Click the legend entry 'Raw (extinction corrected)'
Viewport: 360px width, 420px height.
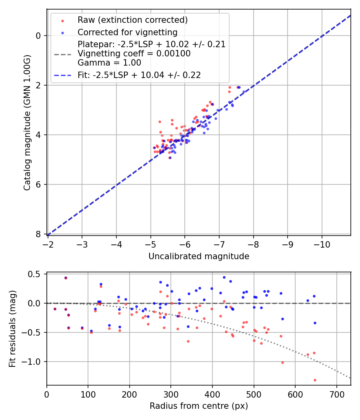point(132,20)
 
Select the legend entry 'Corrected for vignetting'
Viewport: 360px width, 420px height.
point(127,32)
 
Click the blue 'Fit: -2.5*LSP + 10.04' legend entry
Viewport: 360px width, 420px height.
point(139,75)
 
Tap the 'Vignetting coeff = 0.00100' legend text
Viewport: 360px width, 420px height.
point(134,54)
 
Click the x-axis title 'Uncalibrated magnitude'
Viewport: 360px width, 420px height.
point(199,256)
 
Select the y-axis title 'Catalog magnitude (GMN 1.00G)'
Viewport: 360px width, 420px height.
point(27,122)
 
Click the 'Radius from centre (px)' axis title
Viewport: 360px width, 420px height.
point(199,406)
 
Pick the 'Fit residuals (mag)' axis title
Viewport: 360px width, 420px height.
point(12,329)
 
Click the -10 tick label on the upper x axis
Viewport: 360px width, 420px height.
point(322,244)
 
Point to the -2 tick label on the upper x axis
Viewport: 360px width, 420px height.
point(48,244)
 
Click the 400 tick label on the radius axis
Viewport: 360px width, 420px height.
point(212,394)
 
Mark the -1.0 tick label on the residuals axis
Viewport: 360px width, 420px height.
point(34,362)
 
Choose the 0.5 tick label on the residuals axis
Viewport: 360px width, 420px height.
point(36,274)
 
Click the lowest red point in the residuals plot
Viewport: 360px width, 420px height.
point(315,380)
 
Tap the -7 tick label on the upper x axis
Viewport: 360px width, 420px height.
point(219,244)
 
